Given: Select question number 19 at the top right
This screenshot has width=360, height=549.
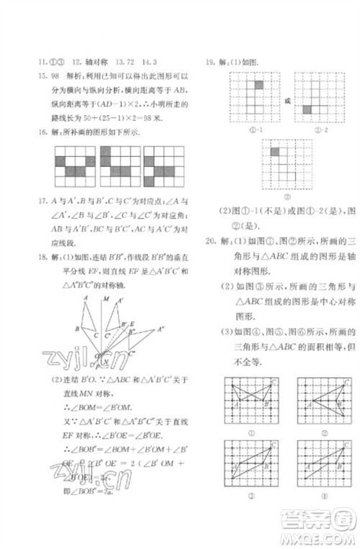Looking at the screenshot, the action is [x=210, y=62].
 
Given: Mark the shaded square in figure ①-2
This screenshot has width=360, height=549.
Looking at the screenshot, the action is [x=306, y=110].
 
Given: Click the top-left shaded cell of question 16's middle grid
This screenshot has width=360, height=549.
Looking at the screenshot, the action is [x=105, y=152].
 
